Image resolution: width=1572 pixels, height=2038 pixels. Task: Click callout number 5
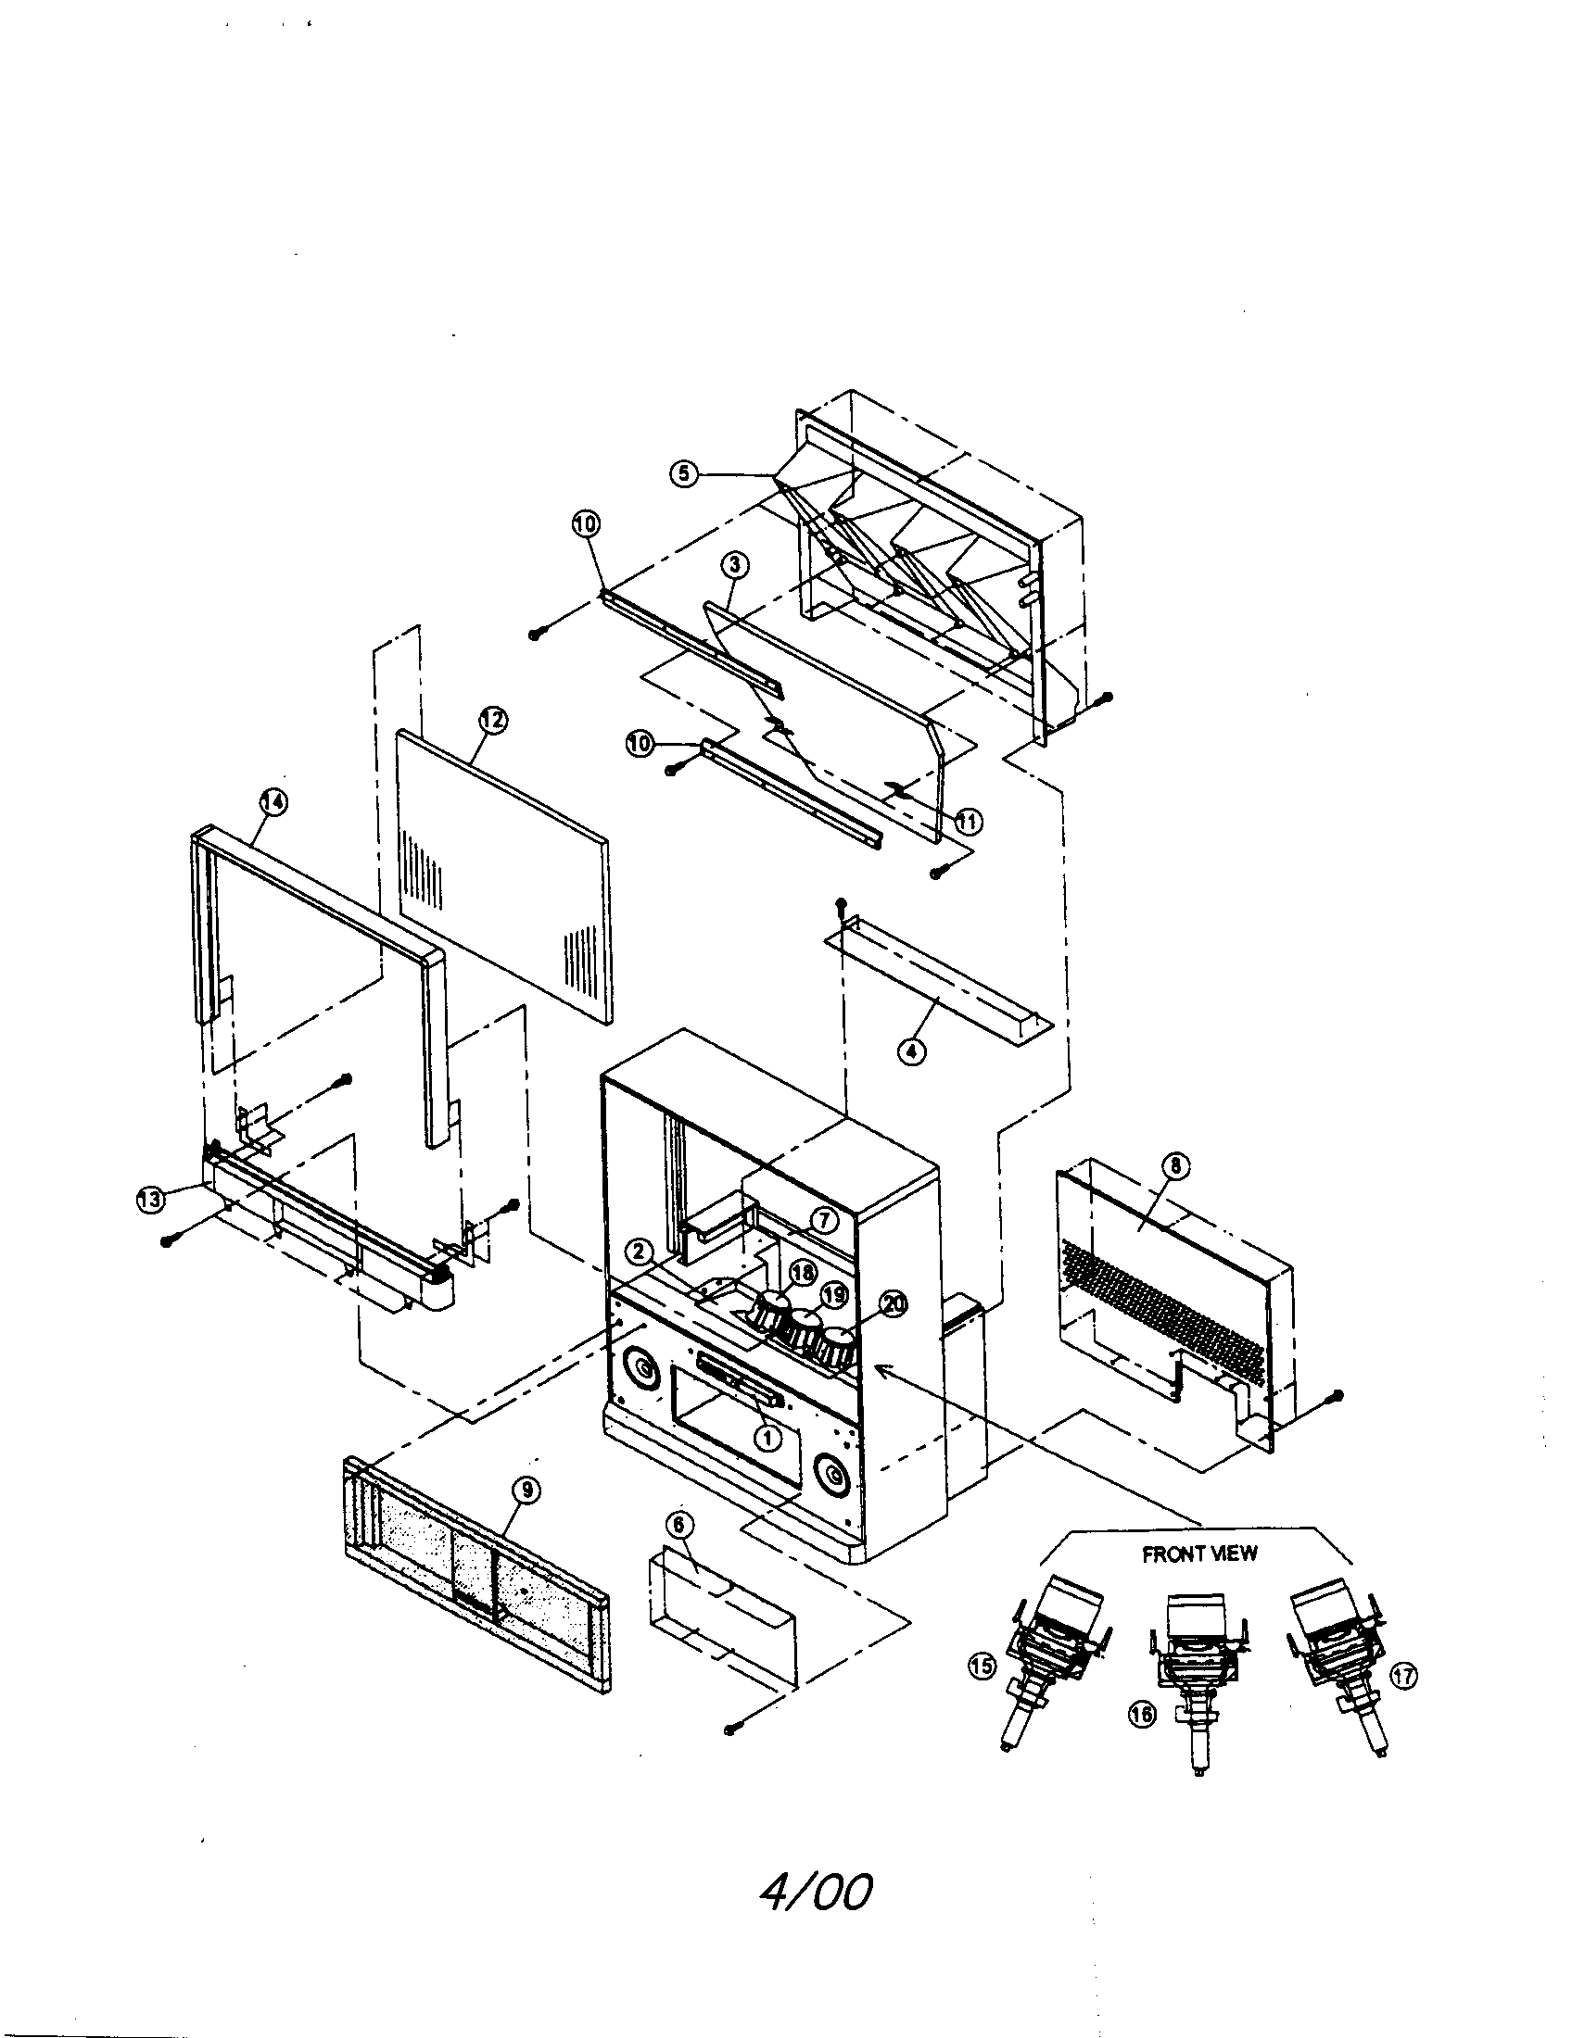[x=682, y=474]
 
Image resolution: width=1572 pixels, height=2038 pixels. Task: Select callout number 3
[x=735, y=563]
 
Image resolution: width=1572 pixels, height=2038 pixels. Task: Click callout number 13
[x=150, y=1200]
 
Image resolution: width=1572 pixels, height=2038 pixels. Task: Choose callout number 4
[x=912, y=1050]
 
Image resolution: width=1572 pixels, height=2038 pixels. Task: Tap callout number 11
[x=968, y=821]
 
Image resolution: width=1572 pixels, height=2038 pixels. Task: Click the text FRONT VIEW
[x=1199, y=1554]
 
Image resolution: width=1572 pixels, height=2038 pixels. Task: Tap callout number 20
[x=894, y=1304]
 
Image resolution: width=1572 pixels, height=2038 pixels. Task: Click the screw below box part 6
[x=731, y=1730]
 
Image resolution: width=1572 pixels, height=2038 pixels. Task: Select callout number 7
[x=823, y=1219]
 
